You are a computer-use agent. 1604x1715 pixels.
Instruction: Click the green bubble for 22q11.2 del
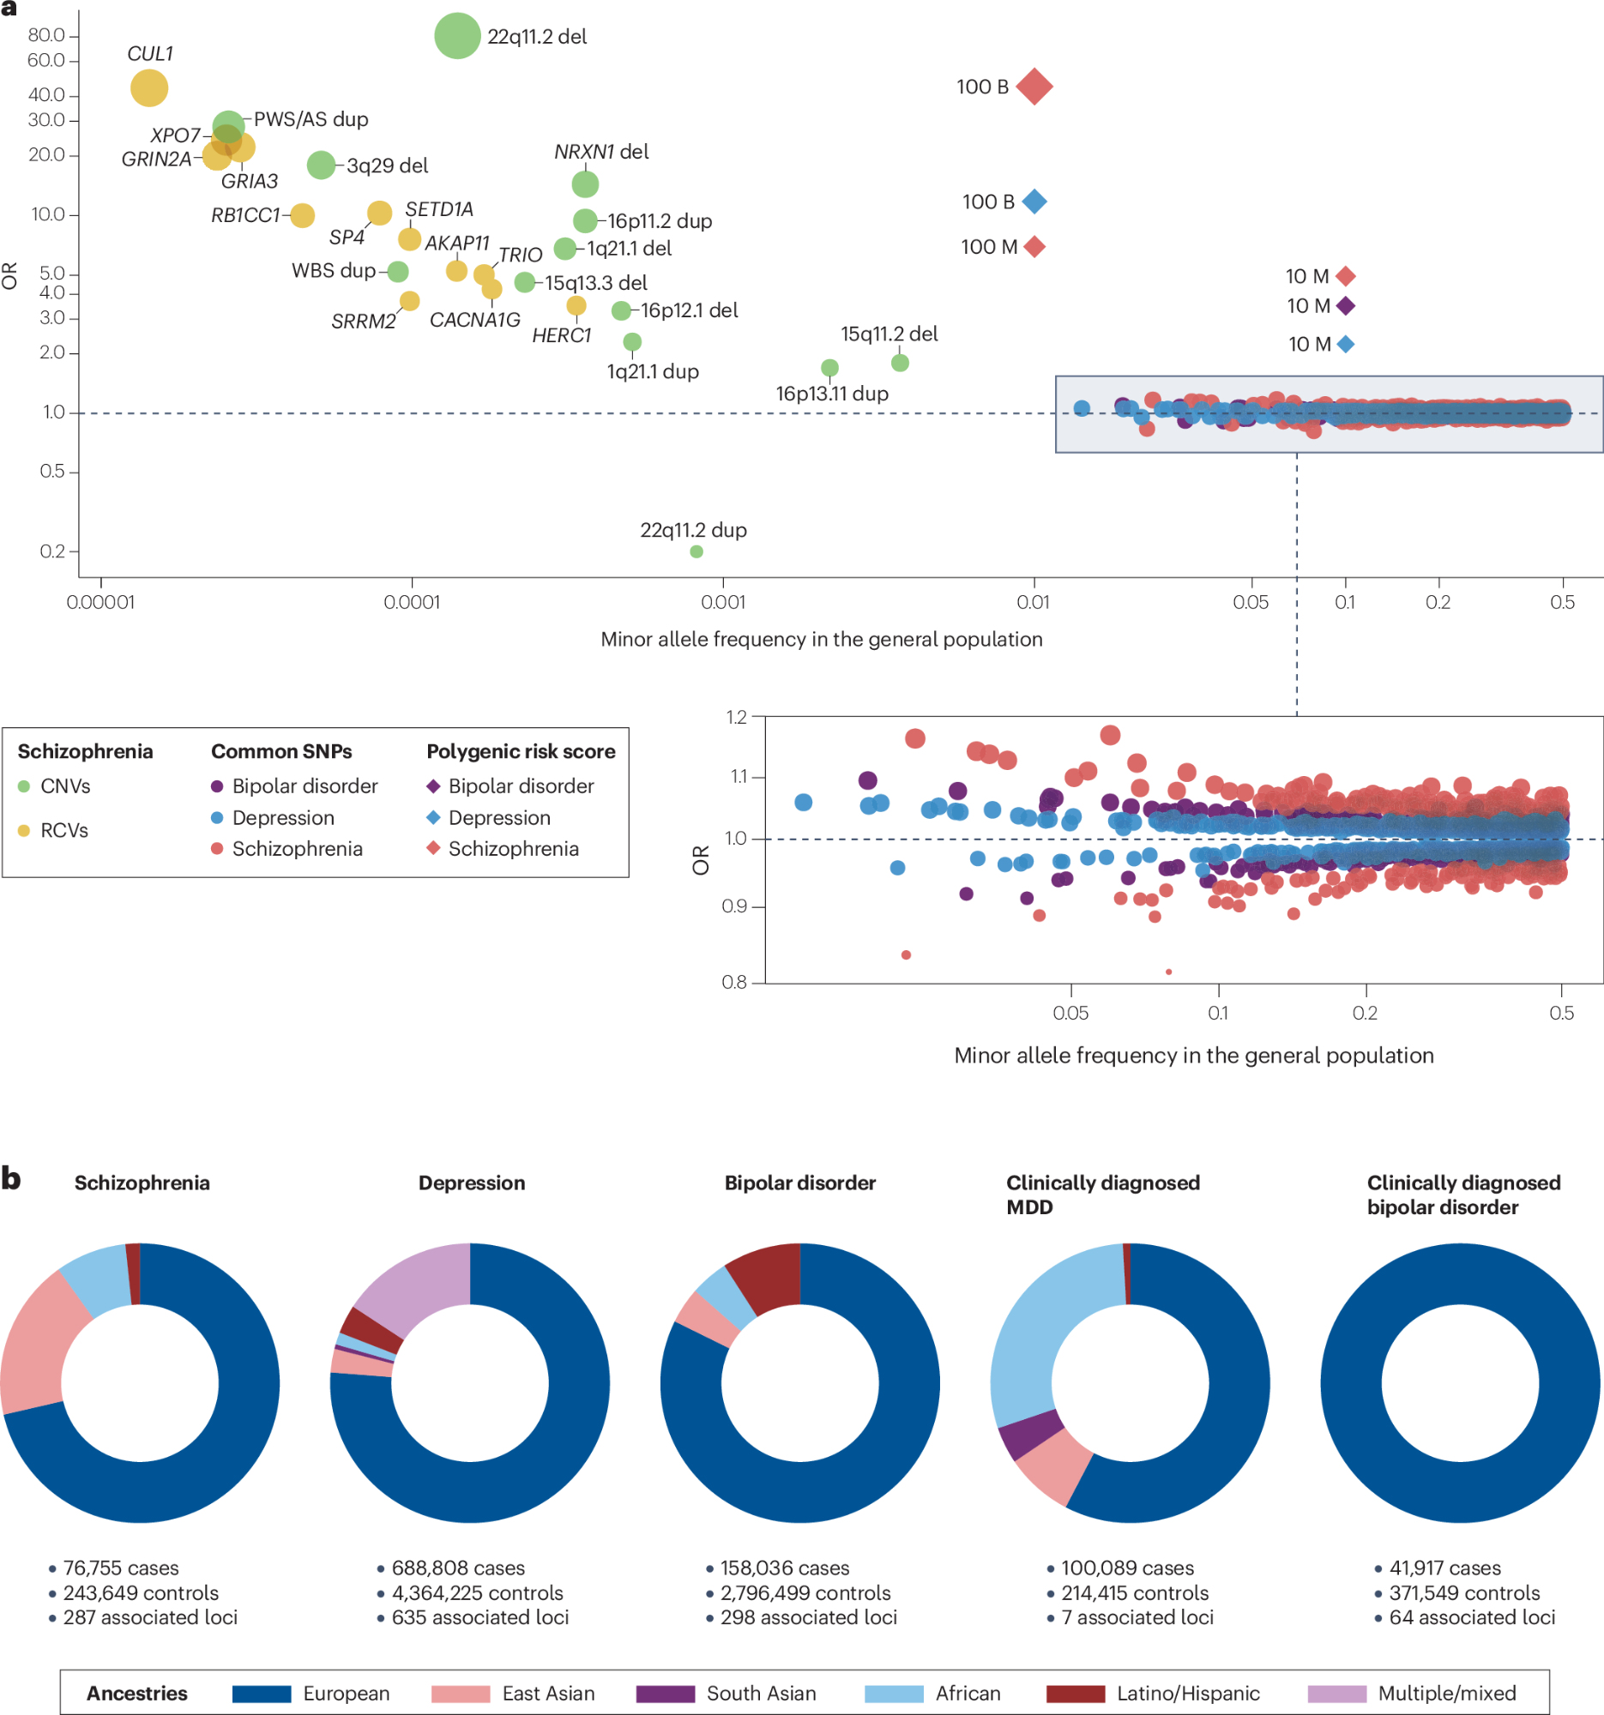[x=456, y=36]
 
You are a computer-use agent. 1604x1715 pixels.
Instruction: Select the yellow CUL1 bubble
[x=149, y=88]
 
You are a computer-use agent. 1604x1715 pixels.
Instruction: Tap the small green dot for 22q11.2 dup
[x=696, y=552]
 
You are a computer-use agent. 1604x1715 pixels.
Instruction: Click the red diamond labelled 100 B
[x=1034, y=87]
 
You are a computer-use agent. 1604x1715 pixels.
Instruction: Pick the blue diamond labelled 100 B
[x=1034, y=202]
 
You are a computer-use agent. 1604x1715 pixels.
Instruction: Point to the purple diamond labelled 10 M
[x=1345, y=306]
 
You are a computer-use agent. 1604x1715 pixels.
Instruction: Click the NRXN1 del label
[x=601, y=152]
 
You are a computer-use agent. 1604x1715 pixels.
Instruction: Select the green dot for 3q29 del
[x=321, y=165]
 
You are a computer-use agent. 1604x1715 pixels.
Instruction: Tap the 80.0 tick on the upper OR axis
[x=47, y=35]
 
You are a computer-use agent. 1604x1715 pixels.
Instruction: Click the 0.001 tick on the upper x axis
[x=723, y=601]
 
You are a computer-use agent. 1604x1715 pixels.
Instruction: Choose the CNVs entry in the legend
[x=64, y=785]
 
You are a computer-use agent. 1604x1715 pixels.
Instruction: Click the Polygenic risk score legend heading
[x=521, y=751]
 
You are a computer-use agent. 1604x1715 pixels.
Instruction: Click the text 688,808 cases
[x=457, y=1568]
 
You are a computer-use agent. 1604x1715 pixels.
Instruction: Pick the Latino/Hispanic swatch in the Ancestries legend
[x=1075, y=1694]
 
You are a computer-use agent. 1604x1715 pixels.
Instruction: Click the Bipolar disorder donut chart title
[x=799, y=1182]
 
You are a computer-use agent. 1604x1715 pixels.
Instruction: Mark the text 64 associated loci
[x=1471, y=1617]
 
